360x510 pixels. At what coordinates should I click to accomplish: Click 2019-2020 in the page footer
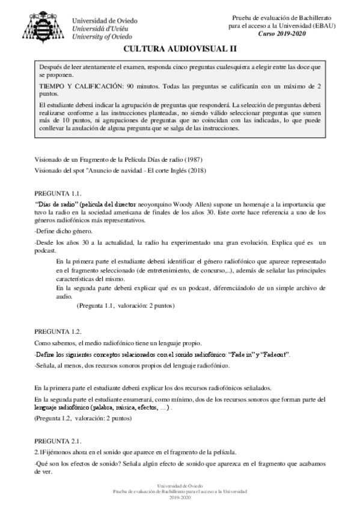[180, 499]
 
